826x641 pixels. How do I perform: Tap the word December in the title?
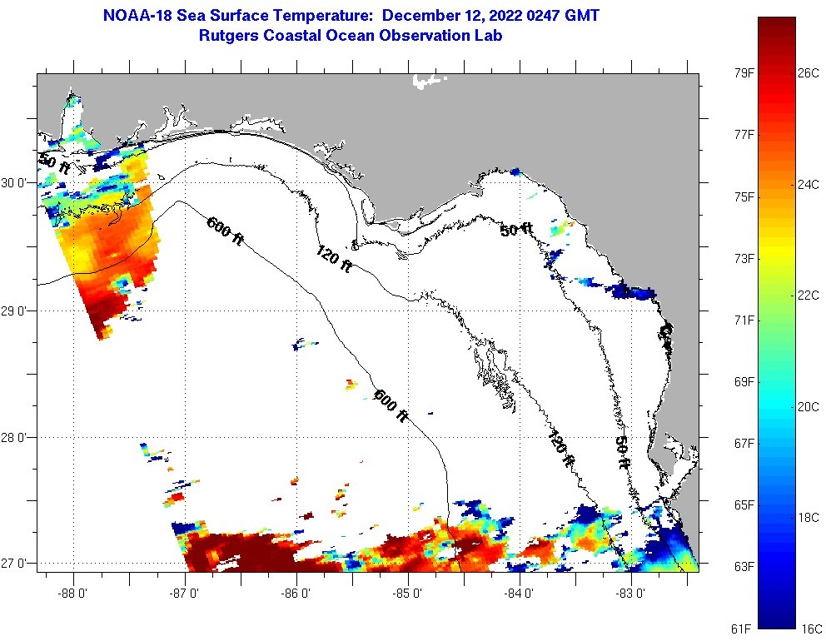(429, 15)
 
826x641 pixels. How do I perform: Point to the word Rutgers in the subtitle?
(230, 36)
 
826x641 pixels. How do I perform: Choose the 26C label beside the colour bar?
(809, 73)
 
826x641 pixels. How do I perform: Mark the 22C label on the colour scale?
(809, 296)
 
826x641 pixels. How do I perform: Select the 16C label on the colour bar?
(809, 628)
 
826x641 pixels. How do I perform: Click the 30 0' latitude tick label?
(17, 183)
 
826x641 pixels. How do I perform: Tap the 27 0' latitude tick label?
(17, 564)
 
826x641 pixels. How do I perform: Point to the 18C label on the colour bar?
(809, 517)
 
